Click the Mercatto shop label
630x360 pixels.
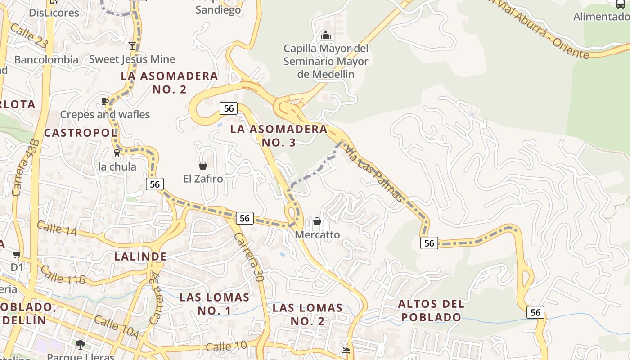pyautogui.click(x=317, y=235)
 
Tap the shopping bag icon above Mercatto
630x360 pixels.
pyautogui.click(x=317, y=221)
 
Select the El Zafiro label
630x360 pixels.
pyautogui.click(x=203, y=179)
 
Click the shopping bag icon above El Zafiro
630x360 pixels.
pyautogui.click(x=203, y=166)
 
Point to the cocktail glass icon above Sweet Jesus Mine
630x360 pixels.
pyautogui.click(x=132, y=46)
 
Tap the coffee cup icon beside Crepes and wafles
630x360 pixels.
pyautogui.click(x=105, y=101)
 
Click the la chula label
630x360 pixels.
pyautogui.click(x=117, y=167)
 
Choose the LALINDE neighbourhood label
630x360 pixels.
pyautogui.click(x=140, y=256)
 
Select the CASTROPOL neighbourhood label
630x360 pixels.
pyautogui.click(x=81, y=133)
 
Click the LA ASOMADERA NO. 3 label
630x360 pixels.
pyautogui.click(x=279, y=135)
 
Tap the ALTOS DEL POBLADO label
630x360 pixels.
pyautogui.click(x=431, y=310)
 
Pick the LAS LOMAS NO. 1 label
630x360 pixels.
pyautogui.click(x=214, y=304)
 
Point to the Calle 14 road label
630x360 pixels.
pyautogui.click(x=57, y=228)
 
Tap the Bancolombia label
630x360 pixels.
pyautogui.click(x=46, y=59)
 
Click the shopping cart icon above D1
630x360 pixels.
pyautogui.click(x=17, y=255)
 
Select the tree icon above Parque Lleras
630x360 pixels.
pyautogui.click(x=81, y=345)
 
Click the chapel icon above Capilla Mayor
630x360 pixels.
pyautogui.click(x=325, y=35)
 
